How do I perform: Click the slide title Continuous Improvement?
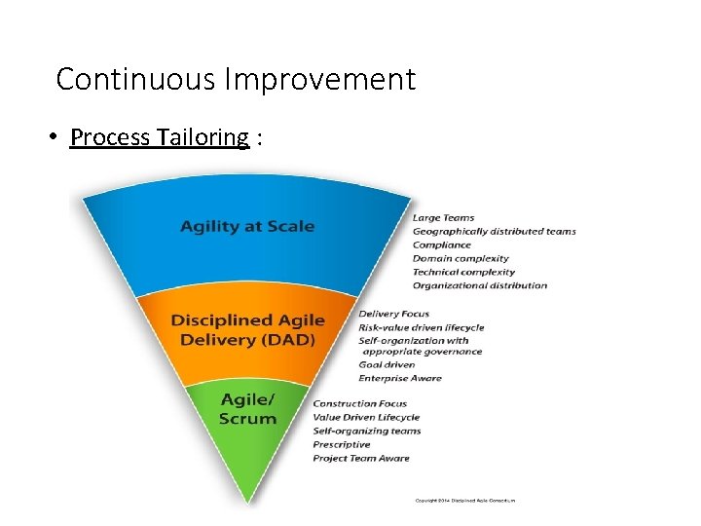pyautogui.click(x=236, y=79)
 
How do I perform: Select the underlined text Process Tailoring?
pyautogui.click(x=160, y=137)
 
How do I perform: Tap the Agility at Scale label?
pyautogui.click(x=247, y=226)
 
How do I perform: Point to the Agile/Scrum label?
pyautogui.click(x=247, y=409)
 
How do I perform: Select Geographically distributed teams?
pyautogui.click(x=494, y=231)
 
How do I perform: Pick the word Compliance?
pyautogui.click(x=441, y=244)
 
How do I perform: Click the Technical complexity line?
pyautogui.click(x=463, y=272)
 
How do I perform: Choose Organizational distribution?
pyautogui.click(x=479, y=285)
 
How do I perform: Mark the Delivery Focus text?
pyautogui.click(x=393, y=314)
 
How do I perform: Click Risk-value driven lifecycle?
pyautogui.click(x=421, y=327)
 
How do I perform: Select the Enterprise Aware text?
pyautogui.click(x=399, y=378)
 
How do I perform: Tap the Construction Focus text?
pyautogui.click(x=359, y=403)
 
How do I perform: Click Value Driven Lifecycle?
pyautogui.click(x=365, y=417)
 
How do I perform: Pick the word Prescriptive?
pyautogui.click(x=341, y=444)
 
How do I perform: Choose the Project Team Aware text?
pyautogui.click(x=360, y=458)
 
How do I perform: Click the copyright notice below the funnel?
pyautogui.click(x=464, y=501)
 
